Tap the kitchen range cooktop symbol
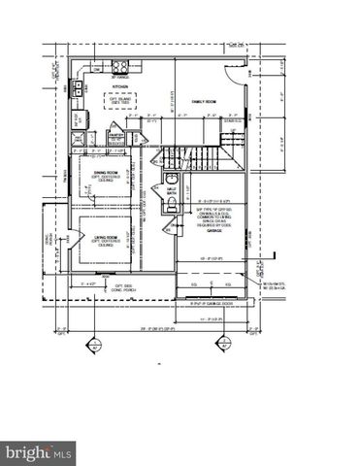pyautogui.click(x=121, y=67)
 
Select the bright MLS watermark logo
pyautogui.click(x=39, y=451)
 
